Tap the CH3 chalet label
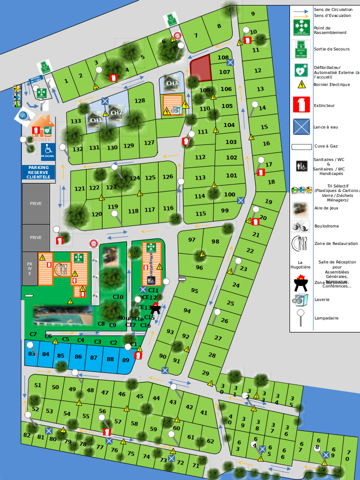click(172, 83)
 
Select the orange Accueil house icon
click(41, 125)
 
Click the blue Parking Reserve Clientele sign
click(38, 172)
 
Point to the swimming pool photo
click(63, 314)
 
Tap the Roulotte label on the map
click(130, 318)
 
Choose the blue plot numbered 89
click(125, 359)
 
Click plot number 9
click(253, 14)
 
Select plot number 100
click(229, 194)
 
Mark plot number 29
click(205, 372)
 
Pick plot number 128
click(139, 100)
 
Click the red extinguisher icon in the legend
click(301, 105)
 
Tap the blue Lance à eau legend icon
click(301, 127)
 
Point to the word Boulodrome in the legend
click(326, 226)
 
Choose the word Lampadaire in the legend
click(326, 318)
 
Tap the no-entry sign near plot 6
click(177, 35)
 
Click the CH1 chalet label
click(95, 120)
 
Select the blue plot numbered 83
click(32, 354)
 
